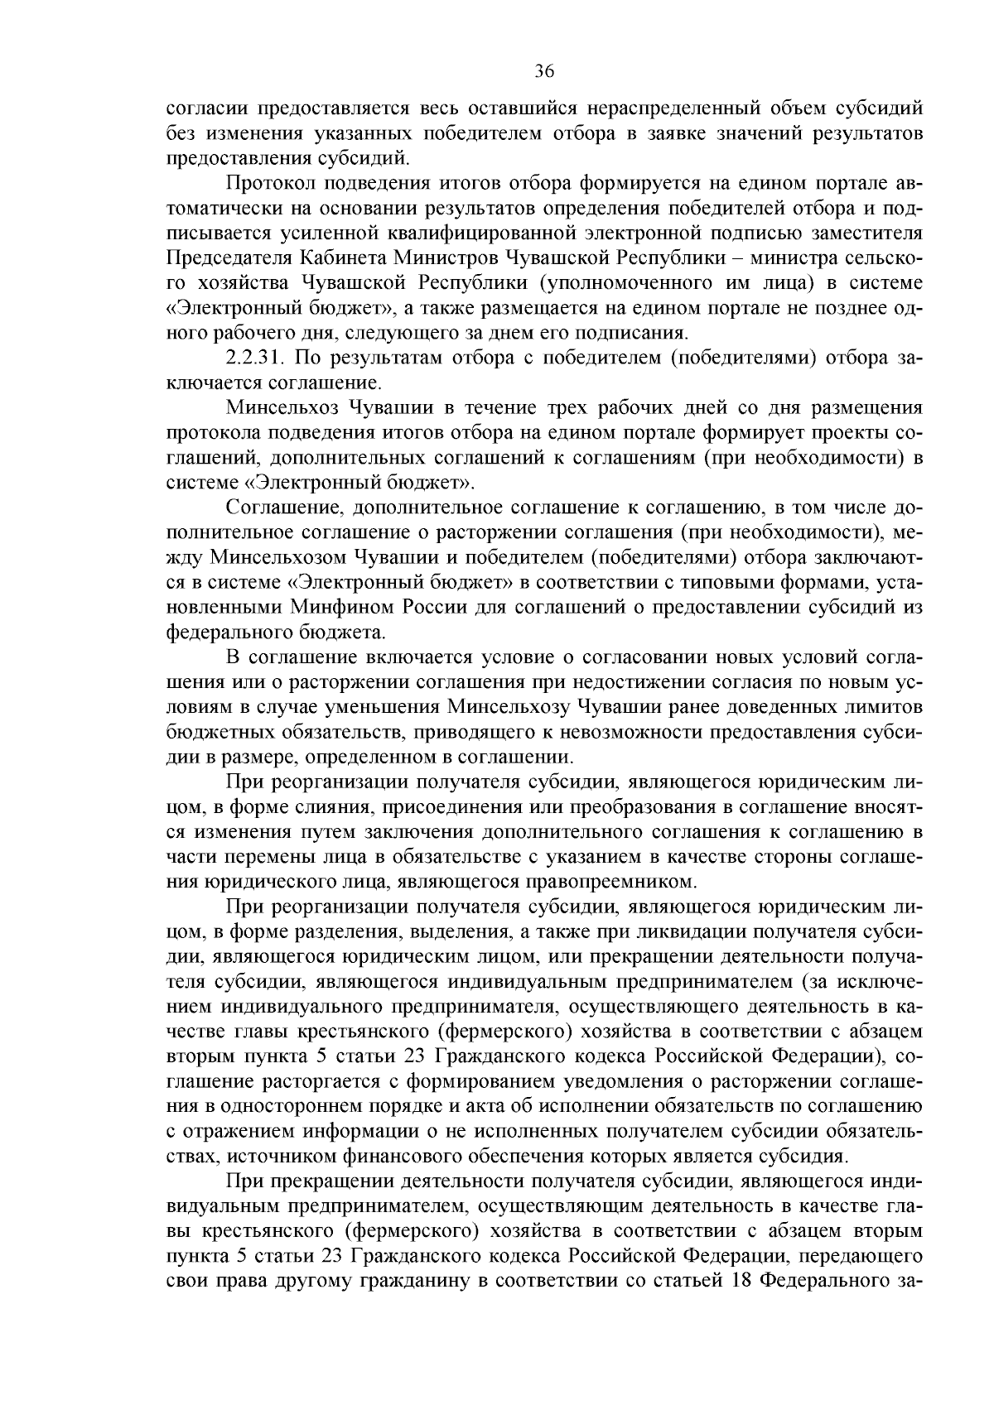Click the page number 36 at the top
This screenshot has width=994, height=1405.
tap(543, 71)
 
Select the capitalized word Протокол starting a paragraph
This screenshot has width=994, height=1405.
tap(266, 183)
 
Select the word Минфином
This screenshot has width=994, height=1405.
tap(342, 608)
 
